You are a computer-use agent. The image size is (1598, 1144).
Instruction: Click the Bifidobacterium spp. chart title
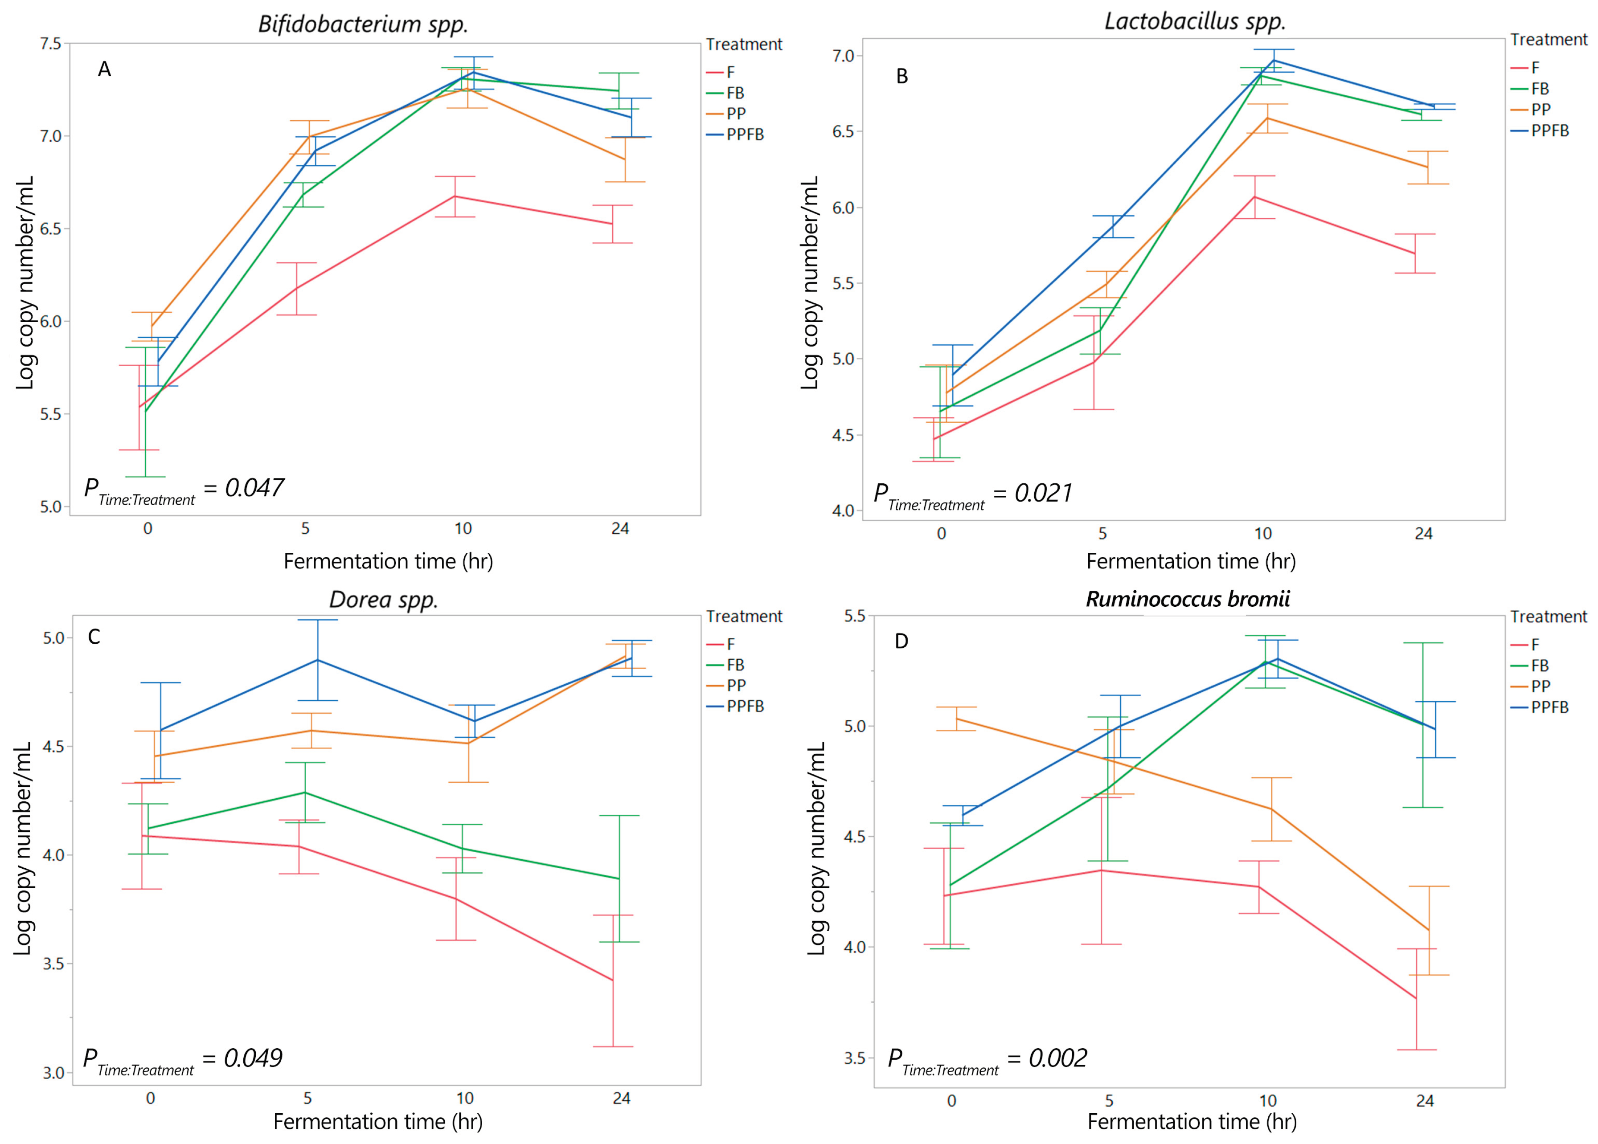coord(363,24)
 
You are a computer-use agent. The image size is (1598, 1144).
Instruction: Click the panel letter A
coord(104,69)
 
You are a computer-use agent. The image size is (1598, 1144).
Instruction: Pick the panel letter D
coord(901,641)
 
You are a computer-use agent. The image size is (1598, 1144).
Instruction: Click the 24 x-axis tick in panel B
coord(1423,533)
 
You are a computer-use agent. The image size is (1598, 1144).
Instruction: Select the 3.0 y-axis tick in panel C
coord(53,1073)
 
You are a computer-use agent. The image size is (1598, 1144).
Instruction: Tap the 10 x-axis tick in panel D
coord(1267,1100)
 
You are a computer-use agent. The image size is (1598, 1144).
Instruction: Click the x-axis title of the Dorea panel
coord(377,1121)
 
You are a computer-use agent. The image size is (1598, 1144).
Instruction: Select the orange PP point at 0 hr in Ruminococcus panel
coord(956,719)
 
